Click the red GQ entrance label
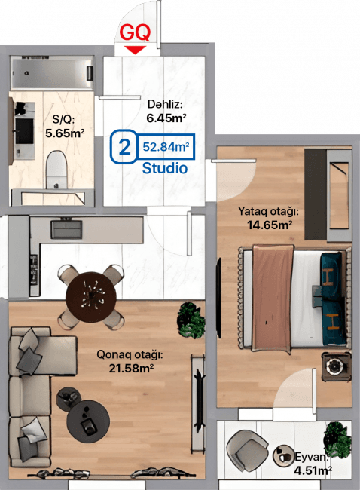[x=135, y=32]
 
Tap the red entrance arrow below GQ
[x=135, y=50]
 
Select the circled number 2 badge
[x=124, y=146]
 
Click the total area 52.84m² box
[x=166, y=146]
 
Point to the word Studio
[x=165, y=168]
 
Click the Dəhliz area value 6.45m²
[x=166, y=118]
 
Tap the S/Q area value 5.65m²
[x=65, y=133]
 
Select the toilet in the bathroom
[x=56, y=170]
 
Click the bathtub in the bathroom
[x=52, y=73]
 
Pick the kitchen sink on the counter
[x=67, y=230]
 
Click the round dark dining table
[x=91, y=297]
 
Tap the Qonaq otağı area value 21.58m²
[x=131, y=369]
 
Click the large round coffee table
[x=88, y=421]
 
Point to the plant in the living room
[x=191, y=320]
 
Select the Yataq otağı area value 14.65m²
[x=270, y=225]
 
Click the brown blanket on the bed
[x=273, y=299]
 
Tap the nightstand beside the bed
[x=336, y=366]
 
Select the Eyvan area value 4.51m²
[x=313, y=470]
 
